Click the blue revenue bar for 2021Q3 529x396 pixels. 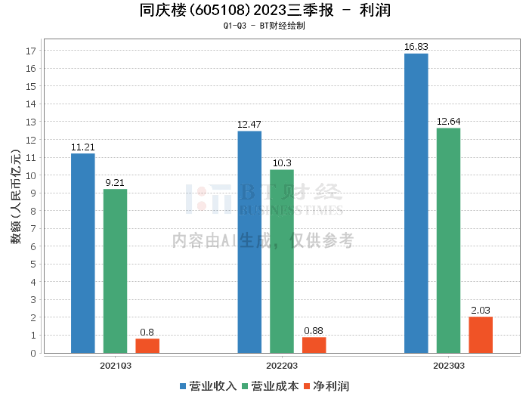(x=83, y=253)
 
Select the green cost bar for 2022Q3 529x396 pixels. (x=282, y=261)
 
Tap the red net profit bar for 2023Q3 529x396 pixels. (x=481, y=335)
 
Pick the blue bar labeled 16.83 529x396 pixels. (x=416, y=203)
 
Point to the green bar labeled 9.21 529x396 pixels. (x=115, y=271)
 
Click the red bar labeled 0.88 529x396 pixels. (x=314, y=345)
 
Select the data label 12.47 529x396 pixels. (x=249, y=125)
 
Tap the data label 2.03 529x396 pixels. (x=481, y=311)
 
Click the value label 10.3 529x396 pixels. (x=282, y=163)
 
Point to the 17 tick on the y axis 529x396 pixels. (x=31, y=51)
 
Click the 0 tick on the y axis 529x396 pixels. (x=33, y=353)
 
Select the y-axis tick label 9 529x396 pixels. (x=33, y=193)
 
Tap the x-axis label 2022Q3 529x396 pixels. (x=282, y=366)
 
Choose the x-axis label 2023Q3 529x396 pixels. (x=449, y=366)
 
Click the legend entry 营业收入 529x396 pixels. (x=208, y=386)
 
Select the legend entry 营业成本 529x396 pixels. (x=271, y=386)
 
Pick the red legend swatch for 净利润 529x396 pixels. (x=307, y=386)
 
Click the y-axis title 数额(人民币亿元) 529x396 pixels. (x=16, y=196)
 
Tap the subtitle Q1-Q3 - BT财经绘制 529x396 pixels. (x=264, y=26)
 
